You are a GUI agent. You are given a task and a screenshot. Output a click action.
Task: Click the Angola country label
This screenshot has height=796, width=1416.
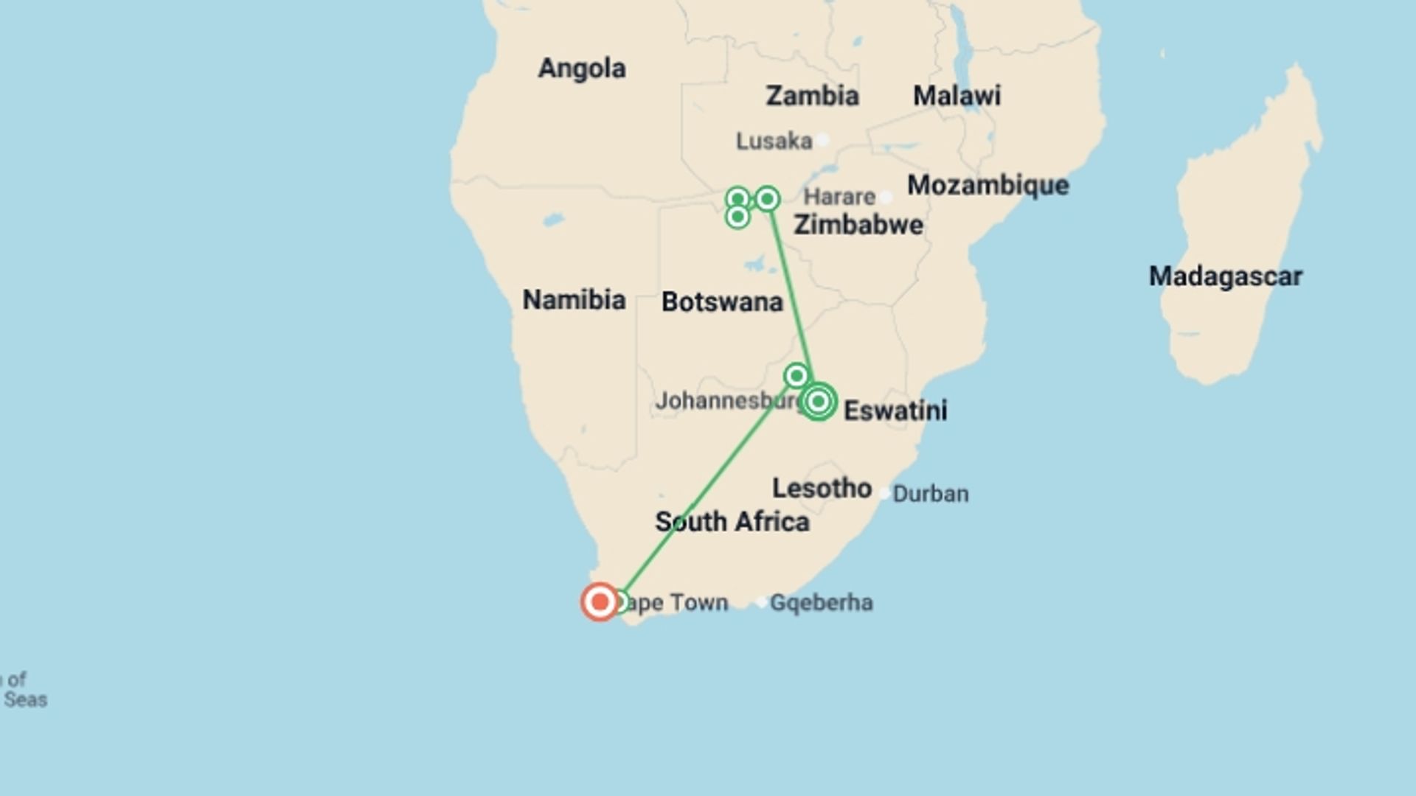pos(582,69)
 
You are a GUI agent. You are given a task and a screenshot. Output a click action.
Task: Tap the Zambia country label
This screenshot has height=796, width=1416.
pos(812,96)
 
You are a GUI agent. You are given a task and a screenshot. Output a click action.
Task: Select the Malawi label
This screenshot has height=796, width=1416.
pos(957,96)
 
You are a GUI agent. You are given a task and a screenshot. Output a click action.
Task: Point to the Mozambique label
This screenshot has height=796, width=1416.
pos(988,185)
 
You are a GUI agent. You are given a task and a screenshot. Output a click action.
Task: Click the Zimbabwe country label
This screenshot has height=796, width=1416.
pos(858,225)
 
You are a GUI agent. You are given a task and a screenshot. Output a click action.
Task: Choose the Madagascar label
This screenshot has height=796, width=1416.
pos(1226,276)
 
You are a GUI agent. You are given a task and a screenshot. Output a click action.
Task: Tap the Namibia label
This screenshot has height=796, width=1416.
pos(574,300)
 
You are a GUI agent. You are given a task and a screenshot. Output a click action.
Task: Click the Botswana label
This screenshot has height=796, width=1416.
pos(722,301)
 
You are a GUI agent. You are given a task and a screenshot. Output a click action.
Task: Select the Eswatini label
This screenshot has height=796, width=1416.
pos(895,411)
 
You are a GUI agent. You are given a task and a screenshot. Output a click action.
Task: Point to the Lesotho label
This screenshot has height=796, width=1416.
pos(822,488)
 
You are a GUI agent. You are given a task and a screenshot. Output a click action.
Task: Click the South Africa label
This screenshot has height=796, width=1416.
pos(732,522)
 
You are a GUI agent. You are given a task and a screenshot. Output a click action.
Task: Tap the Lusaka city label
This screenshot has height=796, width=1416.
pos(774,141)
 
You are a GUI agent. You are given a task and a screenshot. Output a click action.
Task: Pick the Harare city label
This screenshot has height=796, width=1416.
pos(839,197)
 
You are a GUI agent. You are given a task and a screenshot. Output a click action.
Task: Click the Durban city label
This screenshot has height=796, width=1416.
pos(931,494)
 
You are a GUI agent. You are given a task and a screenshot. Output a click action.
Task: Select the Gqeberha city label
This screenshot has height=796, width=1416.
pos(822,603)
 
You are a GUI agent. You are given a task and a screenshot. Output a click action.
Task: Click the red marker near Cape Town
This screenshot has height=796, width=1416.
pos(600,602)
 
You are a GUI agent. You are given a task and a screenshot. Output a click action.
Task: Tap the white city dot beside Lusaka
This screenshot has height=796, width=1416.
pos(823,140)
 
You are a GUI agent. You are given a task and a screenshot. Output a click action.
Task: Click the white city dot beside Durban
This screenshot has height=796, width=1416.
pos(884,494)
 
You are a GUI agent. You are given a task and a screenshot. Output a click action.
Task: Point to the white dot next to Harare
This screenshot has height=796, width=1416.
pos(886,197)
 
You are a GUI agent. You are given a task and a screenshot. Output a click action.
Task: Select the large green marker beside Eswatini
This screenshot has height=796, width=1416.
pos(818,402)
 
